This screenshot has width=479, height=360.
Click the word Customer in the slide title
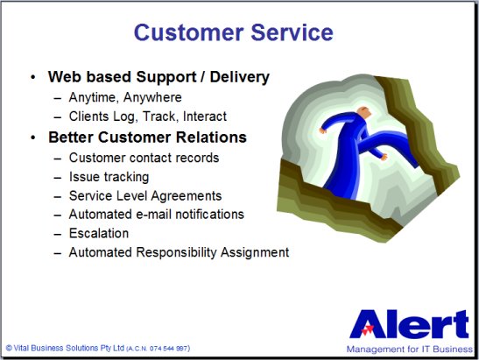click(189, 32)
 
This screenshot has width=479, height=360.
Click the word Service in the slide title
click(292, 32)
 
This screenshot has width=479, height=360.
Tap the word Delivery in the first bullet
click(240, 77)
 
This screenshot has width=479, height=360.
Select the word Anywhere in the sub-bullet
click(152, 97)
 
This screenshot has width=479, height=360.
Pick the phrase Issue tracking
click(109, 177)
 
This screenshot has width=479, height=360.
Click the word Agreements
click(186, 196)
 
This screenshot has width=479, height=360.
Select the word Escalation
click(99, 233)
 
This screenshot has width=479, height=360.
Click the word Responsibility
click(176, 252)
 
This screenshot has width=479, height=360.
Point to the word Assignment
click(255, 252)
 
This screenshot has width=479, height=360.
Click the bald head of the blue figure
click(364, 112)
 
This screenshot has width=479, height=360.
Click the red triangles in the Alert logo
click(367, 329)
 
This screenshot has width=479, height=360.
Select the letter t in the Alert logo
click(461, 324)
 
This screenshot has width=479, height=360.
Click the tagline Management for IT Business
click(409, 349)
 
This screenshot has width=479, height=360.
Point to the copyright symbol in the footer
click(9, 348)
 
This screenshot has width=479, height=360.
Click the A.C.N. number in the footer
click(158, 349)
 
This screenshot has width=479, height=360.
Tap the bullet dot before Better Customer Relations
click(33, 138)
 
